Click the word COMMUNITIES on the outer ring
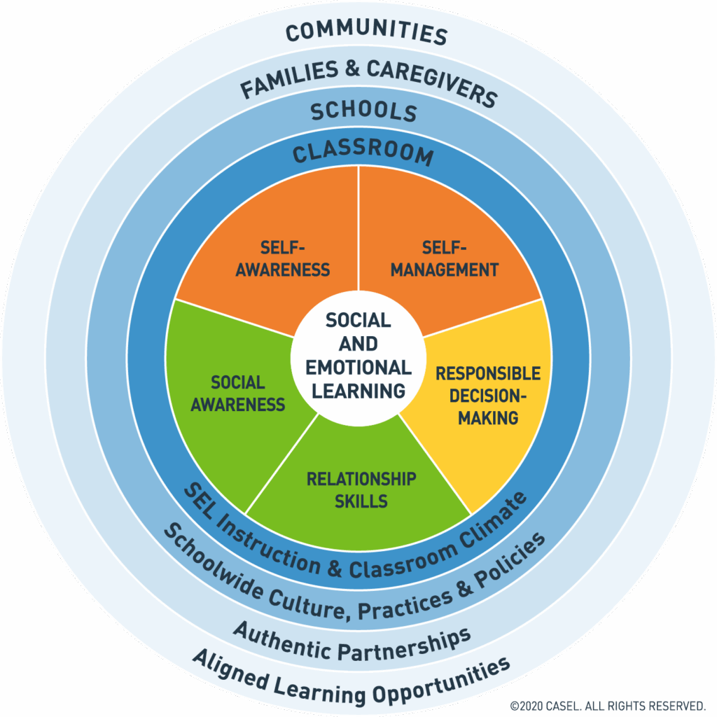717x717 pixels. pos(366,32)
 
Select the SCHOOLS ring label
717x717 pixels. pos(363,112)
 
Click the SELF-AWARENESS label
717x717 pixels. pos(282,258)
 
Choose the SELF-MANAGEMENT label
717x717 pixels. pos(444,258)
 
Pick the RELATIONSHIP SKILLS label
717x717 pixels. pos(361,490)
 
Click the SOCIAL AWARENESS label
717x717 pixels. pos(238,394)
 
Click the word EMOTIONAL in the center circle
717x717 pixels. pos(359,368)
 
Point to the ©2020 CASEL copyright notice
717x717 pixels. pos(606,704)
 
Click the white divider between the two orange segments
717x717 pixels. pos(358,231)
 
